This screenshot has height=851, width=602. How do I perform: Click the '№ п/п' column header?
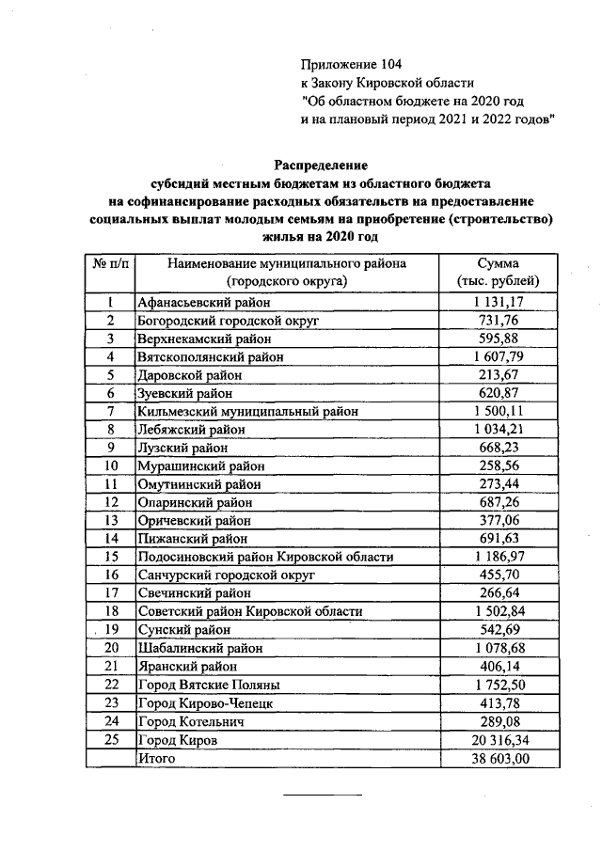[x=110, y=264]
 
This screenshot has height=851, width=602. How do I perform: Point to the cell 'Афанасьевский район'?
[x=203, y=303]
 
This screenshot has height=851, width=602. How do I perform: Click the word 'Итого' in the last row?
[x=156, y=759]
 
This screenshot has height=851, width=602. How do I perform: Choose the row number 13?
[x=110, y=521]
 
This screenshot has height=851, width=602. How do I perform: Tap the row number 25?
[x=110, y=741]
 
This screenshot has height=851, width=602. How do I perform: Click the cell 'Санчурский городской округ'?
[x=226, y=575]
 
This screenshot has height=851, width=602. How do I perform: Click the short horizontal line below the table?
[x=323, y=796]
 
